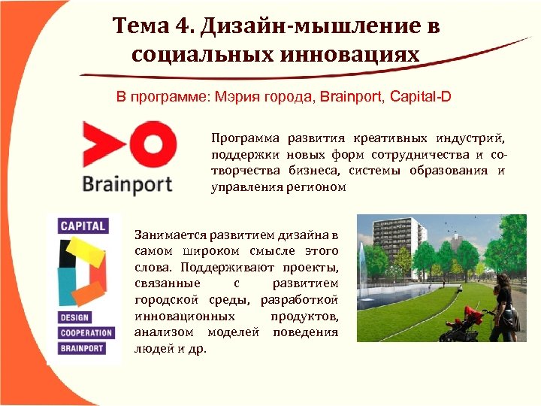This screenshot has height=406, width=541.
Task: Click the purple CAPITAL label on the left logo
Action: pyautogui.click(x=83, y=226)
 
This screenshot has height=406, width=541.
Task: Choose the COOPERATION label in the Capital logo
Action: pyautogui.click(x=86, y=333)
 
